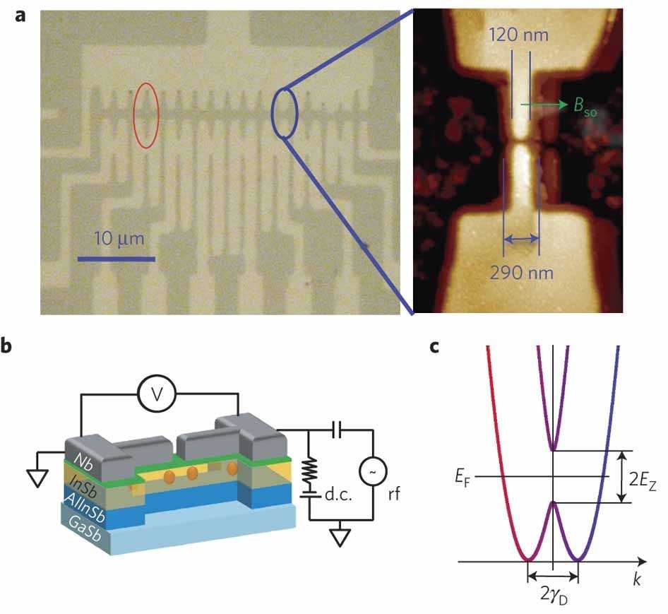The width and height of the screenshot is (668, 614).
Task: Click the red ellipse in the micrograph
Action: (x=133, y=116)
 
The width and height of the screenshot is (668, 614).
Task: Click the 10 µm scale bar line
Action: (x=116, y=259)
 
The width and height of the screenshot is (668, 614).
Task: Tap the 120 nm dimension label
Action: (x=518, y=35)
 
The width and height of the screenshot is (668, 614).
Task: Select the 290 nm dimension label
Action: (x=522, y=273)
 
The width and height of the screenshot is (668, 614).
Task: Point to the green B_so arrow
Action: (x=544, y=105)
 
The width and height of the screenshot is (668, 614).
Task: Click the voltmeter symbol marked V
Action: (x=157, y=394)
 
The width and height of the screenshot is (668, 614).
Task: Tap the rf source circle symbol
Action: (x=373, y=471)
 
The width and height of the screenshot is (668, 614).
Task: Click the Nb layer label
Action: (x=83, y=461)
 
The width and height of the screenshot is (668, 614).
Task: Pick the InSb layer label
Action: (x=83, y=485)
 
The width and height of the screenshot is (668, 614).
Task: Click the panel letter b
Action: (x=6, y=346)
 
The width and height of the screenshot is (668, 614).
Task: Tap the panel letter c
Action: (x=434, y=347)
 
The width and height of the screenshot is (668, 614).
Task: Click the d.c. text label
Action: (x=338, y=495)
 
